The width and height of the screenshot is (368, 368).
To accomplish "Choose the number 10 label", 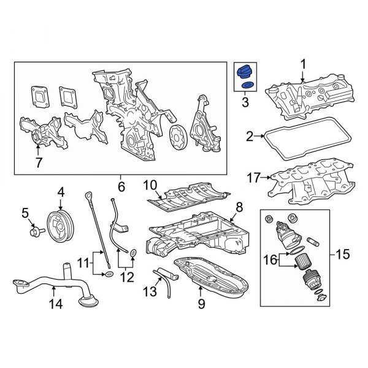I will pos(150,184).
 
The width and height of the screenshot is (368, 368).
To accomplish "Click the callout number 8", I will pos(239,207).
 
